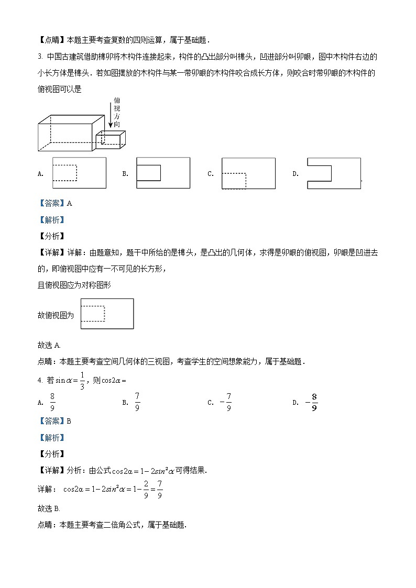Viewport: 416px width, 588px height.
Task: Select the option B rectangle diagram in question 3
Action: point(162,172)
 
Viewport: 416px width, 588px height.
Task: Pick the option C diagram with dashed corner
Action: point(248,173)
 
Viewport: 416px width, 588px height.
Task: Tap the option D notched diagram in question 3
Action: point(334,173)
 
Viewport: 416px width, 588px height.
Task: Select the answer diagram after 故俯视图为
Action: point(107,314)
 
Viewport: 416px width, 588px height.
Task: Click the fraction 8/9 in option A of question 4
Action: point(52,402)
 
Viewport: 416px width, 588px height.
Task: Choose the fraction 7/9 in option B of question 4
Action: point(137,402)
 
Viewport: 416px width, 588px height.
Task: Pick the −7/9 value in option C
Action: point(226,402)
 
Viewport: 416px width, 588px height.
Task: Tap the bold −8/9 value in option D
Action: point(311,402)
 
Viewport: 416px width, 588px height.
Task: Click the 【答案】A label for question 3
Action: point(54,203)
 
